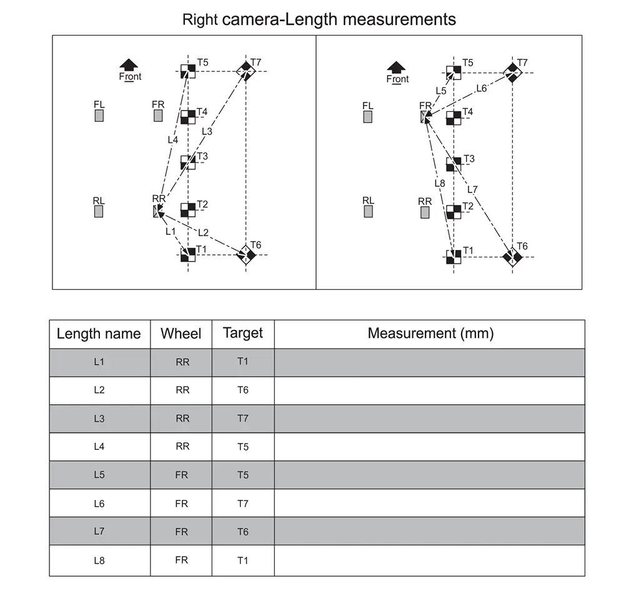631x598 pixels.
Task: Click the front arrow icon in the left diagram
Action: [129, 64]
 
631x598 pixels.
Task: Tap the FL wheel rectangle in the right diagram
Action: [368, 116]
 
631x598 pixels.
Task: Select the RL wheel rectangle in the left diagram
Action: [99, 212]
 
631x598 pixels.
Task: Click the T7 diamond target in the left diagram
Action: [246, 71]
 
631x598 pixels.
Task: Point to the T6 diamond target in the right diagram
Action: [512, 257]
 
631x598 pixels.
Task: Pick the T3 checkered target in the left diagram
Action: [188, 162]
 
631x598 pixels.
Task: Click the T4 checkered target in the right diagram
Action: [454, 117]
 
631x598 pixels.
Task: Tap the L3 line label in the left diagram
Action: [207, 131]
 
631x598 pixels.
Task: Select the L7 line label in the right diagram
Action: [472, 189]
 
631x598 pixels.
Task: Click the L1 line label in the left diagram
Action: [171, 231]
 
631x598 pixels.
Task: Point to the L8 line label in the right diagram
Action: [439, 183]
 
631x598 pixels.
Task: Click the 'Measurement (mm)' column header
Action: [430, 334]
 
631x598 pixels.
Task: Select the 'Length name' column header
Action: [99, 334]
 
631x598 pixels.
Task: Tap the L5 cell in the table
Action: [99, 475]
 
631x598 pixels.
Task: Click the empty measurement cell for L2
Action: [430, 391]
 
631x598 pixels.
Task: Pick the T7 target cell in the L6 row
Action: [243, 503]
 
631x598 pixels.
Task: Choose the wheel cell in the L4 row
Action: [182, 447]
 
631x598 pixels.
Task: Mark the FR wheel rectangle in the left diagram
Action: [159, 116]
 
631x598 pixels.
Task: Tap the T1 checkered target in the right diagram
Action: [454, 257]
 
